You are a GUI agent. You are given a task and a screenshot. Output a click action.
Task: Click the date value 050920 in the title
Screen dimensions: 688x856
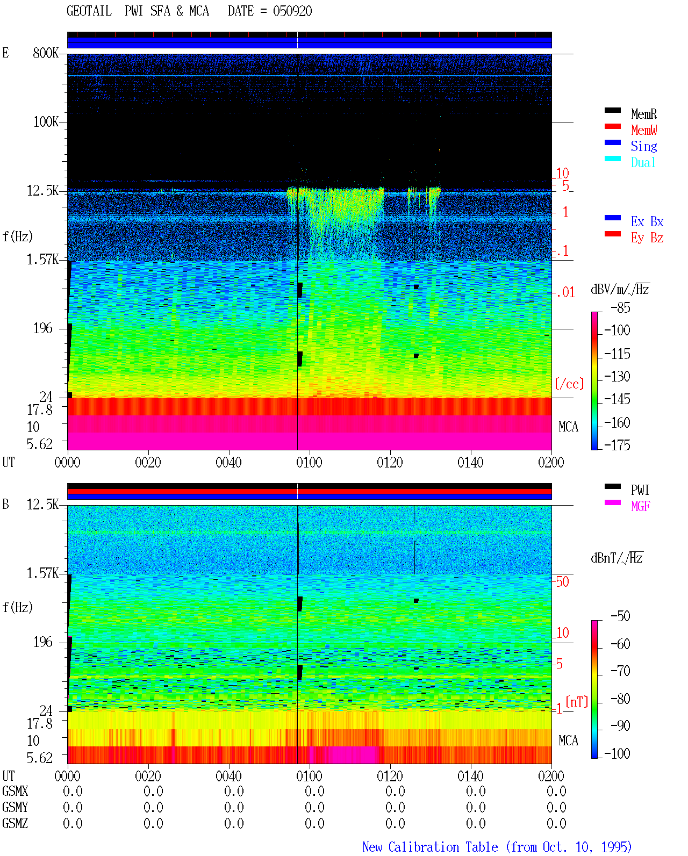tap(292, 11)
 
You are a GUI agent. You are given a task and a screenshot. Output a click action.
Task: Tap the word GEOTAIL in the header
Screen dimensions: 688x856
tap(89, 11)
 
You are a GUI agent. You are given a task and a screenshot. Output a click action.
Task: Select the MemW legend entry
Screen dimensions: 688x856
tap(643, 130)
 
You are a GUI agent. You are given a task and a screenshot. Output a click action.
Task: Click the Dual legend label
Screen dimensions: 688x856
tap(643, 162)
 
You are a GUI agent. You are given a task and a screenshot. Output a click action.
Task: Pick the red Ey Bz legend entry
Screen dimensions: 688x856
tap(647, 238)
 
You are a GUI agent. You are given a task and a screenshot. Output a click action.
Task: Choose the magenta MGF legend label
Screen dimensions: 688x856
tap(640, 506)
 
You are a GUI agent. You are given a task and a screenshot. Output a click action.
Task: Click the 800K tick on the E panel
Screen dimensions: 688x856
tap(46, 53)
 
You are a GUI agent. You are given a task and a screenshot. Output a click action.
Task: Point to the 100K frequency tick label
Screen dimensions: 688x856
tap(46, 122)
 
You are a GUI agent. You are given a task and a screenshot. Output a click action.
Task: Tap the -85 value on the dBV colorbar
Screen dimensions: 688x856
tap(620, 307)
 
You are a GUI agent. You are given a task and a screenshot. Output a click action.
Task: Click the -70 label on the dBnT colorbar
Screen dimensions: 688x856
tap(620, 671)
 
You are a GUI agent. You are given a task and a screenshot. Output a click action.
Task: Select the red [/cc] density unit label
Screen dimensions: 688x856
tap(569, 384)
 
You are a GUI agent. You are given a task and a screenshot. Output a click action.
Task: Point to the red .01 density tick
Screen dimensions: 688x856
tap(565, 293)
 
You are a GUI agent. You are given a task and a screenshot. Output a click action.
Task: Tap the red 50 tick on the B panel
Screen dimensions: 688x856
tap(562, 582)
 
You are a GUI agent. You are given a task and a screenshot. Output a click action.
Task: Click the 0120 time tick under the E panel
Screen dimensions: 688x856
tap(390, 462)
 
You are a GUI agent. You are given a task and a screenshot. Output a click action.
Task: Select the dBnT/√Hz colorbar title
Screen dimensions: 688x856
tap(617, 558)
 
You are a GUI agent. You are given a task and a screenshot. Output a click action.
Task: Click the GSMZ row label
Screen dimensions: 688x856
tap(15, 823)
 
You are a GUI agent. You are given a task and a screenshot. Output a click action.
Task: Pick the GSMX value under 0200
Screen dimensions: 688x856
tap(556, 791)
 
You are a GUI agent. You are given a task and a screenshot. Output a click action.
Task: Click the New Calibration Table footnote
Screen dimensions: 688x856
tap(497, 847)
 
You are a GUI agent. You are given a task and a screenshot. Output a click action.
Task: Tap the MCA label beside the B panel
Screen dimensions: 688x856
tap(568, 740)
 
